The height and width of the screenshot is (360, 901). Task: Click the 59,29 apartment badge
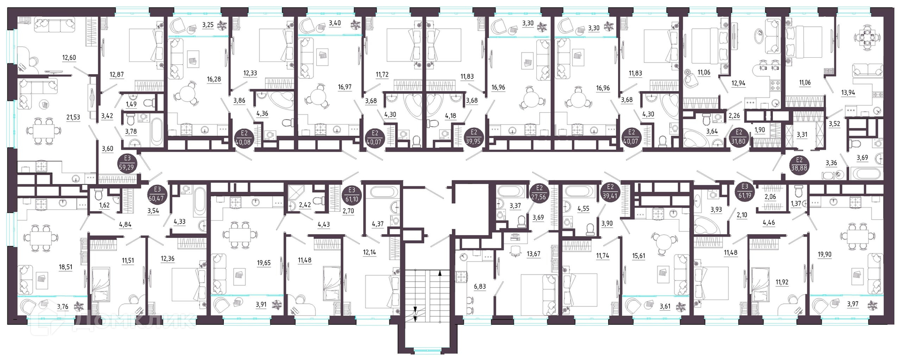tap(127, 162)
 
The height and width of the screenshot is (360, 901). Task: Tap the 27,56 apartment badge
tap(539, 193)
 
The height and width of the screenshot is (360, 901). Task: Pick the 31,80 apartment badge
tap(739, 137)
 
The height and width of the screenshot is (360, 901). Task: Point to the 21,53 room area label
tap(73, 118)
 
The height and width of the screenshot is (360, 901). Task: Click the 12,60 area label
tap(69, 58)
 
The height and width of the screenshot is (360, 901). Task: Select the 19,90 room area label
tap(825, 255)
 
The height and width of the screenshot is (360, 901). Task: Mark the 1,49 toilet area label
tap(131, 104)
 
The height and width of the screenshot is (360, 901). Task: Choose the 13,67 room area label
tap(534, 254)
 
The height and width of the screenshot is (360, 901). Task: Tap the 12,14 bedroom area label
tap(369, 252)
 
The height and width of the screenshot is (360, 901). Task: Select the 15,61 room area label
tap(639, 256)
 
